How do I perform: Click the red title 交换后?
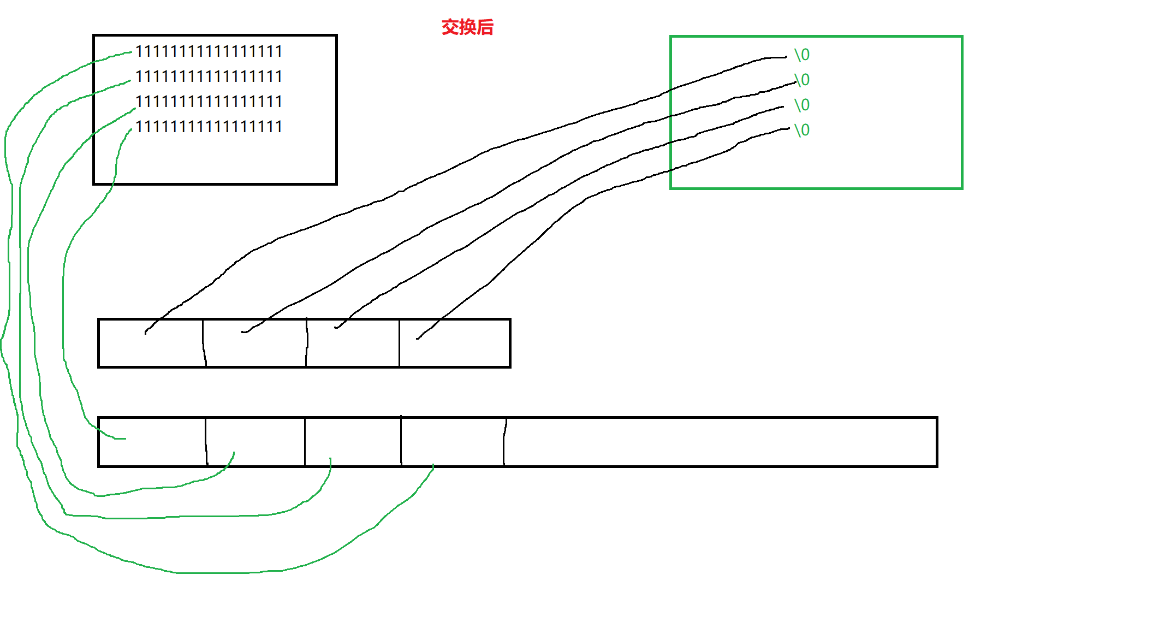[467, 27]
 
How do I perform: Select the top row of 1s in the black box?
[209, 51]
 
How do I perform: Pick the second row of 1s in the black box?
[209, 76]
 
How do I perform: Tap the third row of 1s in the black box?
[209, 102]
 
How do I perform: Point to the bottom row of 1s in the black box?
[209, 127]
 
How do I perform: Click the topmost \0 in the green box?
[802, 55]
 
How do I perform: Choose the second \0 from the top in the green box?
[802, 80]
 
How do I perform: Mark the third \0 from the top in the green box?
[802, 105]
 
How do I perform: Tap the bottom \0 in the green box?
[802, 130]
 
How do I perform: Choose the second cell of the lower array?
[255, 442]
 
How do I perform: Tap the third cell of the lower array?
[353, 442]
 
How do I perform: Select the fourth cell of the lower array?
[453, 442]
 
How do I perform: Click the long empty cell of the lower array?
[720, 442]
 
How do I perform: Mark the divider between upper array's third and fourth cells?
[399, 343]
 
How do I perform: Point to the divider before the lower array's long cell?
[504, 442]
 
